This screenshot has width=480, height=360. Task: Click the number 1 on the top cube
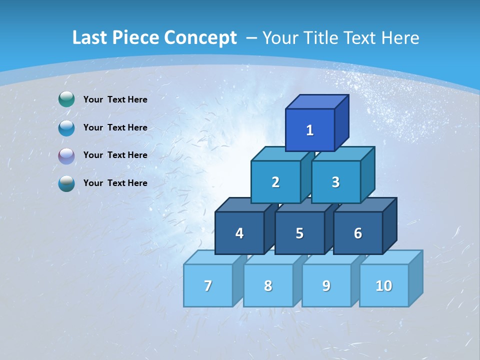[x=309, y=130]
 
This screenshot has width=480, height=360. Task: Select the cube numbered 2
[x=275, y=182]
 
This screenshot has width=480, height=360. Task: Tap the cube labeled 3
[x=335, y=182]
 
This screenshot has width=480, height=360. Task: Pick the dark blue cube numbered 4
[x=239, y=233]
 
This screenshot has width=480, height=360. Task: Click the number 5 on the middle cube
[x=299, y=233]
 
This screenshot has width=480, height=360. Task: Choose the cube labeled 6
[x=358, y=233]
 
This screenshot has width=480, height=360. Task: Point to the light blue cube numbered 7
[x=208, y=285]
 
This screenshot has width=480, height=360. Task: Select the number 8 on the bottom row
[x=268, y=285]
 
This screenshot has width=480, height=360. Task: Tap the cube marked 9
[x=326, y=285]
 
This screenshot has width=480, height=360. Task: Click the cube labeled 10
[x=383, y=285]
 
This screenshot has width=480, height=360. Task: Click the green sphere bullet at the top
[x=66, y=99]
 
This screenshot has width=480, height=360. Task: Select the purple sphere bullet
[x=66, y=156]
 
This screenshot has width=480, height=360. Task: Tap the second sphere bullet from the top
[x=66, y=128]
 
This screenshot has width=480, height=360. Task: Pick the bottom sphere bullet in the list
[x=66, y=183]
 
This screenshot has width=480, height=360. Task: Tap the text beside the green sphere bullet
[x=115, y=99]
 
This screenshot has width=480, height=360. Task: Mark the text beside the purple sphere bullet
[x=115, y=155]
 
